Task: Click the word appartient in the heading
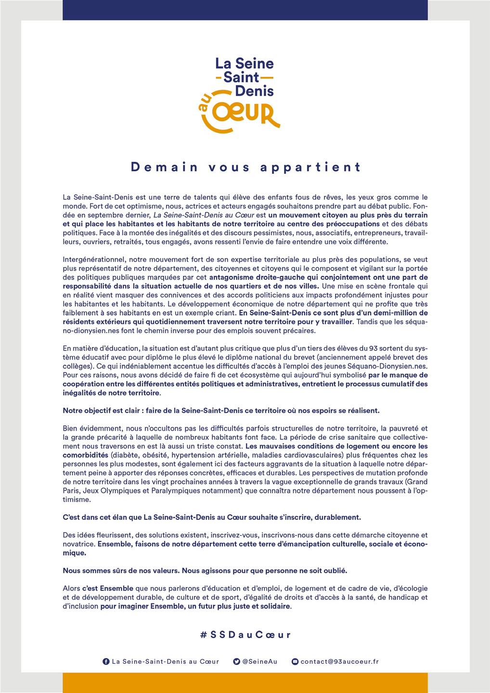310,167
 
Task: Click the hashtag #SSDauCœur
245,634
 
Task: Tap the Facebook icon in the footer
106,662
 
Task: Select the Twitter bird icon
236,662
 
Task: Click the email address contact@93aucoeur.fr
339,662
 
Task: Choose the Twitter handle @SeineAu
259,662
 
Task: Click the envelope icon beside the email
295,662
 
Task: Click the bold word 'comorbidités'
85,455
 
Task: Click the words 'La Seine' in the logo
244,63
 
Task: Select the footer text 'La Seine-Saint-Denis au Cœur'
165,662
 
